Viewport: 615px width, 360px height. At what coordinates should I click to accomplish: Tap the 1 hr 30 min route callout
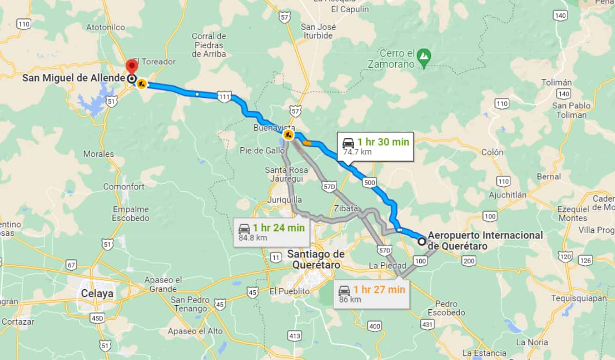point(376,147)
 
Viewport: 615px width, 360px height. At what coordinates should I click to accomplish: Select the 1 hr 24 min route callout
point(271,232)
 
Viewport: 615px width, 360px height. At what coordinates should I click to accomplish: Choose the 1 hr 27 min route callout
point(372,294)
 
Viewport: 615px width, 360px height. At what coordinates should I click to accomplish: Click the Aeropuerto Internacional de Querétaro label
point(485,240)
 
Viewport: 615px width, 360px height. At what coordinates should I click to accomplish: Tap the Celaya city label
point(97,293)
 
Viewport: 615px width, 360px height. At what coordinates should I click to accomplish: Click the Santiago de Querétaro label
point(316,259)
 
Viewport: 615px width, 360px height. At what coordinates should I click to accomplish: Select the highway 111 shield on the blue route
point(224,96)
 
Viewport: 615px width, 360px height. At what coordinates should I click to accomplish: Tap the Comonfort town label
point(124,187)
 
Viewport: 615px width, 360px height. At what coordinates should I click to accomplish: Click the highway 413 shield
point(294,336)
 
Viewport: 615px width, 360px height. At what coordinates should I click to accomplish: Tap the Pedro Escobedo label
point(446,308)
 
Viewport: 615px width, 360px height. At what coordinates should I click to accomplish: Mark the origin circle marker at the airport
point(421,241)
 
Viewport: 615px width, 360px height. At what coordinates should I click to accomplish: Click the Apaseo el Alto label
point(195,331)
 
